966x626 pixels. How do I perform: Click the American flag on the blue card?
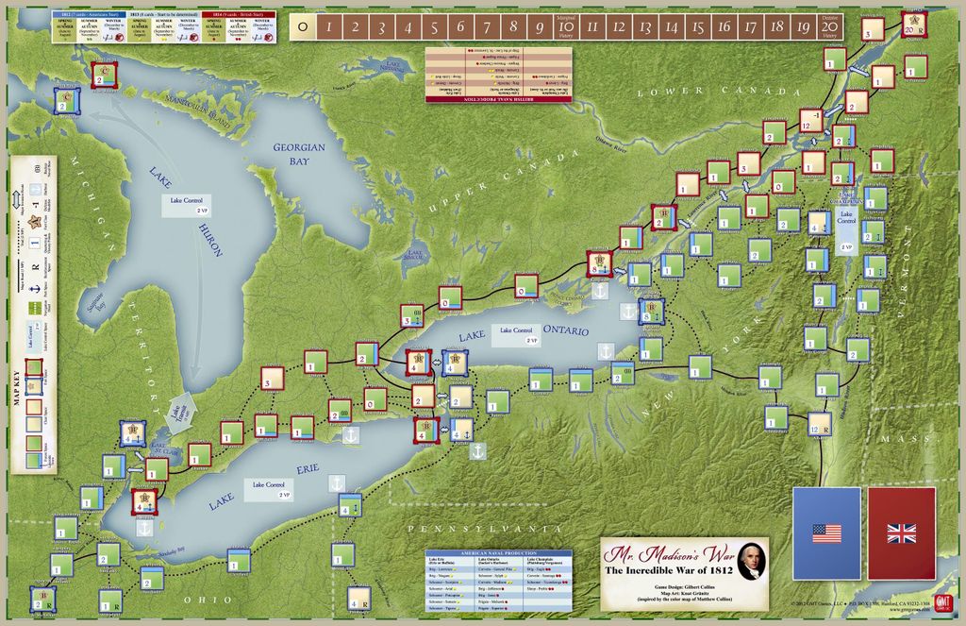[826, 533]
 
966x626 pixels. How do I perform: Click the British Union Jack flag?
[901, 533]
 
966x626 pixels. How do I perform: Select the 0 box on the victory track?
[301, 27]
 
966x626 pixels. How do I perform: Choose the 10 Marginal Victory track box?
[566, 27]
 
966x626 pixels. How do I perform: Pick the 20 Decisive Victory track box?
[829, 27]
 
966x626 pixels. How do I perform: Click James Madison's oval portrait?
[750, 561]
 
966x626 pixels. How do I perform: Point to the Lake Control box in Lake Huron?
[184, 207]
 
